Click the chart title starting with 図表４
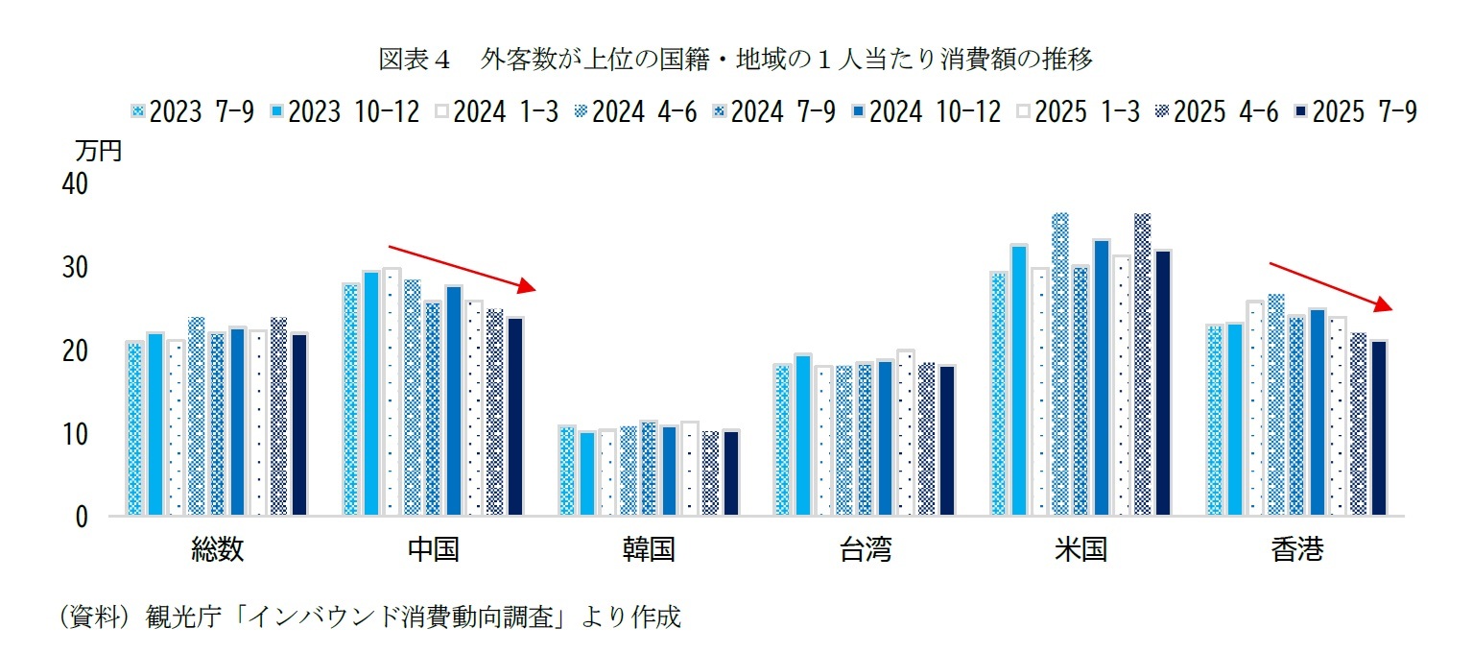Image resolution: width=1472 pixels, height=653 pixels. coord(736,60)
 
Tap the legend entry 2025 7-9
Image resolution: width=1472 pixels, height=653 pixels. coord(1355,112)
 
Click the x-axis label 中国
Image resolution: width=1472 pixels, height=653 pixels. coord(433,549)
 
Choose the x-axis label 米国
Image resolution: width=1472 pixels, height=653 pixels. coord(1080,549)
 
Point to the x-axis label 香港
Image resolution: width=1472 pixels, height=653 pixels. coord(1296,549)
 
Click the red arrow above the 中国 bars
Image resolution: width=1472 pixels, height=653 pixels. coord(461,268)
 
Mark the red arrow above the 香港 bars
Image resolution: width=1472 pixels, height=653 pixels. coord(1330,286)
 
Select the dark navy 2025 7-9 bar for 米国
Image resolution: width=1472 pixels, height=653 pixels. coord(1163,383)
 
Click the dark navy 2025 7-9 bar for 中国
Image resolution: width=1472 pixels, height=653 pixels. coord(515,417)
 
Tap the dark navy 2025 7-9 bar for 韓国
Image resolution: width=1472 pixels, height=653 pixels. coord(731,472)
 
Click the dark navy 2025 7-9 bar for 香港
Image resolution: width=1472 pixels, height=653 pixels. coord(1379,428)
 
